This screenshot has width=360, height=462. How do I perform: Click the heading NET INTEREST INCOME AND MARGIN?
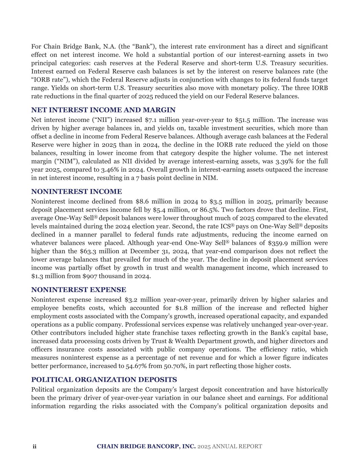(x=103, y=110)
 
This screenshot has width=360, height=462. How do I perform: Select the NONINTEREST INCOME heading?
(x=76, y=192)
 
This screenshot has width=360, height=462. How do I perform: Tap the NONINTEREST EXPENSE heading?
(x=78, y=290)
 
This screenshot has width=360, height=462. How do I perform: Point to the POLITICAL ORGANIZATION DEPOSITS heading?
(x=104, y=379)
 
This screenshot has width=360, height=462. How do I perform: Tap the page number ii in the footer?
(x=34, y=446)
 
